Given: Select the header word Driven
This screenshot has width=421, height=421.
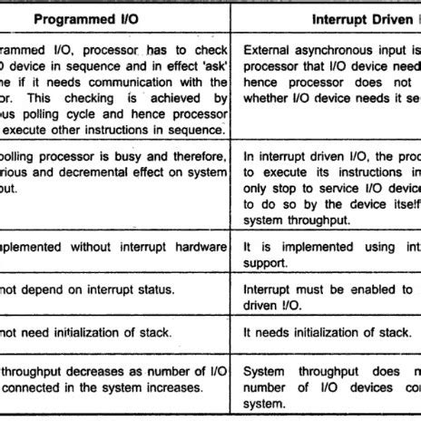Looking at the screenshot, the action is click(x=386, y=18).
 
